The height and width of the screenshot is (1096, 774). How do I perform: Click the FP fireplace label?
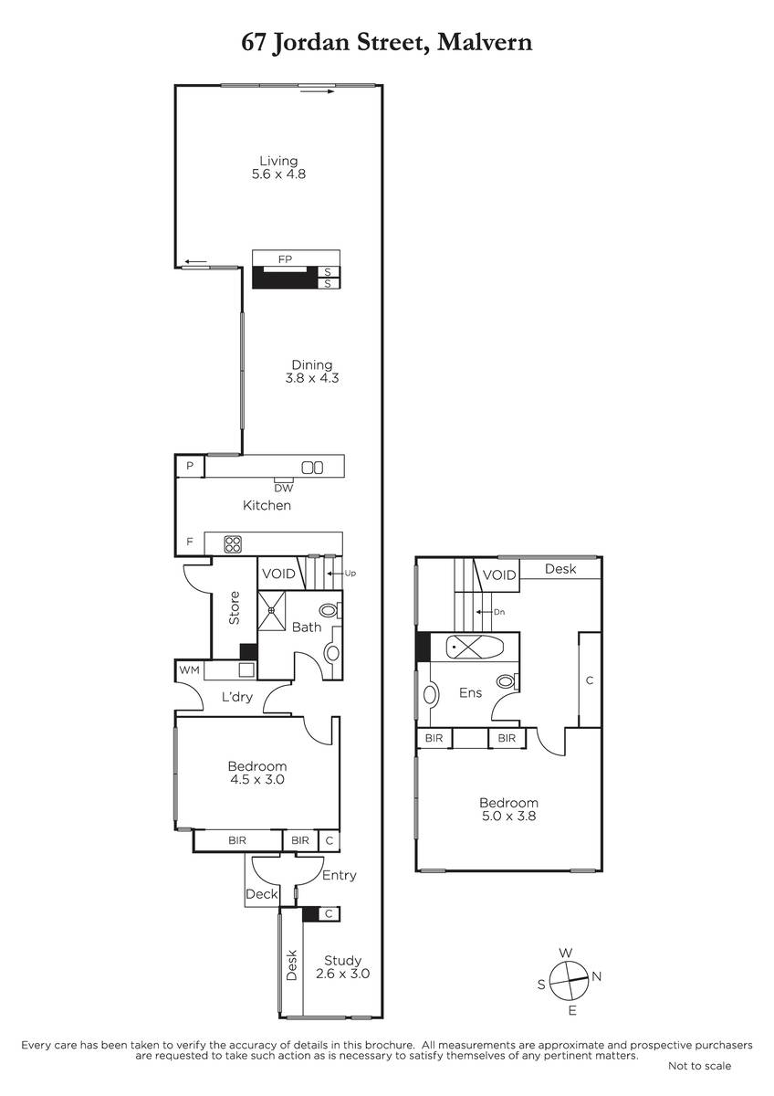point(285,259)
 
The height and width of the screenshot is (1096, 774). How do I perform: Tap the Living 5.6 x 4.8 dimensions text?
point(278,174)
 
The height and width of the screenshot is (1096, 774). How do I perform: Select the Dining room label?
point(312,365)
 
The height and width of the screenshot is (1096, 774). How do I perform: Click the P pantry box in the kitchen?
point(190,466)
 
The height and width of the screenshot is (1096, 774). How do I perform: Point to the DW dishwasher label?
point(284,489)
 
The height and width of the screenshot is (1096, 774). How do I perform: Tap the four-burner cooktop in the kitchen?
point(233,544)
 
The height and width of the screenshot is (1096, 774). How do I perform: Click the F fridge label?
point(190,542)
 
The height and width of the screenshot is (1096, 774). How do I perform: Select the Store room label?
point(235,607)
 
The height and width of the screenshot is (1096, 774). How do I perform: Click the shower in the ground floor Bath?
point(271,611)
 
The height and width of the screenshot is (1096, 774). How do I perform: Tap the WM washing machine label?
point(189,669)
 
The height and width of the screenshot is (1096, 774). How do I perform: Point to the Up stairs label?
point(350,574)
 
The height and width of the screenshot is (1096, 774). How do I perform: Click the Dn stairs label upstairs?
point(499,612)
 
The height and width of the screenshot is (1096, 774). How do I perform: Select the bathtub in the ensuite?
point(475,647)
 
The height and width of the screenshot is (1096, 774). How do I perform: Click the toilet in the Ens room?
point(507,681)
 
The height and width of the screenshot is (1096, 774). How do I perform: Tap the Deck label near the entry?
point(262,894)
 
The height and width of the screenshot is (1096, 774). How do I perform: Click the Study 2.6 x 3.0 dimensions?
point(343,974)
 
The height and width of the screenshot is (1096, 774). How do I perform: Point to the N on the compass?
point(597,976)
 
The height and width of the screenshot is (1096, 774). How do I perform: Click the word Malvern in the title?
point(485,43)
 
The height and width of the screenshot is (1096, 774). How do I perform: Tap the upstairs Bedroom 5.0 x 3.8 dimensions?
point(509,816)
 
